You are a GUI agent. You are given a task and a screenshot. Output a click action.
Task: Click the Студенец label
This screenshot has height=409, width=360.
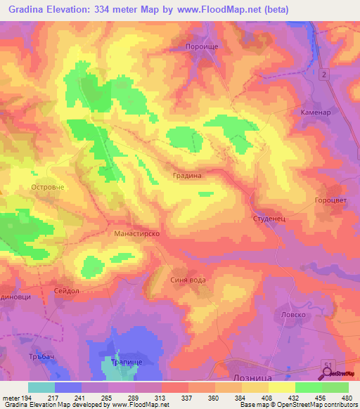267,219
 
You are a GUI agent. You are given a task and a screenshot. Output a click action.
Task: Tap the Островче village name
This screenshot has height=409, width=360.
49,188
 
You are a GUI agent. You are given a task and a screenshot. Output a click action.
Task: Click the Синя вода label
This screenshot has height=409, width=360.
188,280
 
